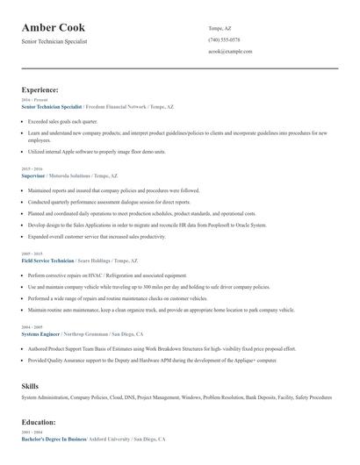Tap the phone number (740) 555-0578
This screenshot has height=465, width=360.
224,39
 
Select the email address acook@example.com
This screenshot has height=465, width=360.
230,51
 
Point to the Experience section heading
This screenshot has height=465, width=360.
40,89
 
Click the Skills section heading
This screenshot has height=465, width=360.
30,385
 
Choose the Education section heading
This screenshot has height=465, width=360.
40,421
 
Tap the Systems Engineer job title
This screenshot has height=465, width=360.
40,333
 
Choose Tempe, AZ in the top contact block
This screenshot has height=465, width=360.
220,28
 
